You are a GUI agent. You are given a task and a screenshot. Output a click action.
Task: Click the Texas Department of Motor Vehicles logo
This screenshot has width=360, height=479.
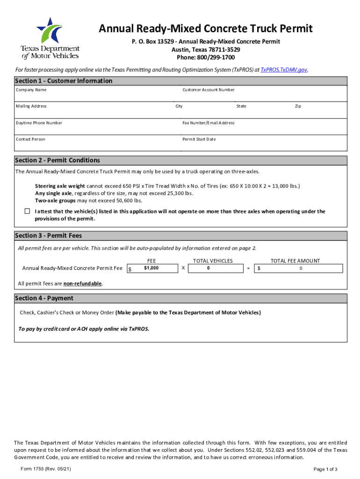coord(50,38)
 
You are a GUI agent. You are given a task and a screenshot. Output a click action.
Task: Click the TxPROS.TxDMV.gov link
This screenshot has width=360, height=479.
coord(284,69)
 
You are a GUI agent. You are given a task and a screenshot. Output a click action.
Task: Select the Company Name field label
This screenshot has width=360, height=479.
coord(31,89)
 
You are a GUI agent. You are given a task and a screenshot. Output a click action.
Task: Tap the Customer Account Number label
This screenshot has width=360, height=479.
coord(208,89)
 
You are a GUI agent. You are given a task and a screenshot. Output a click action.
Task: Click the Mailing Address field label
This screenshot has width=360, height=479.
coord(31,106)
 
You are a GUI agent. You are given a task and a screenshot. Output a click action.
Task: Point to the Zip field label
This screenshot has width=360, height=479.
coord(298,106)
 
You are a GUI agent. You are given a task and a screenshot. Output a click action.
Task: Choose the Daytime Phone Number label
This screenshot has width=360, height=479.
coord(39,123)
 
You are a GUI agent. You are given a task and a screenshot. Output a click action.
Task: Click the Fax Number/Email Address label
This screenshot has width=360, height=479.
coord(208,123)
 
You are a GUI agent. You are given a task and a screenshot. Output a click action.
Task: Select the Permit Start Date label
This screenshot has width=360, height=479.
coord(199,139)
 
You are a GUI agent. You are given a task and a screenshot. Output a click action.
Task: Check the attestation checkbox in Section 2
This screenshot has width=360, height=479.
coord(27,211)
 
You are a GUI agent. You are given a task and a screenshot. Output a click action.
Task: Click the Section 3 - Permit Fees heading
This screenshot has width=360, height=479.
coord(48,235)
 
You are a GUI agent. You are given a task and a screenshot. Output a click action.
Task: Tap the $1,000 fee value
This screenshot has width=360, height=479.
coord(151,268)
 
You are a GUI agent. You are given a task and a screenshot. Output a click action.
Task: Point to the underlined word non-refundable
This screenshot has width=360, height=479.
coord(83,283)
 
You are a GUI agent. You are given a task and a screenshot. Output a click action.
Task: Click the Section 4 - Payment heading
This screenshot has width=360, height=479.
coord(44,298)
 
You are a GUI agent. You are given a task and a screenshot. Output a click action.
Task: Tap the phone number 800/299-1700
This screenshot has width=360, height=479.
coord(205,58)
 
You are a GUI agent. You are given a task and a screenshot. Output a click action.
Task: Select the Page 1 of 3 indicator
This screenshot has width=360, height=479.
coord(325,469)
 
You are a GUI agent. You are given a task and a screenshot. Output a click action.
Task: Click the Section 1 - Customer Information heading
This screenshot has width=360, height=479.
coord(64,80)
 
